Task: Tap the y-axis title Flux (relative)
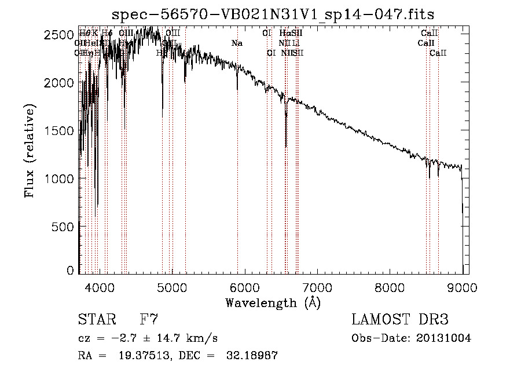click(x=30, y=151)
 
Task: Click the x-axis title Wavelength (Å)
click(x=273, y=302)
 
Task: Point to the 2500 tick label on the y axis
click(x=59, y=35)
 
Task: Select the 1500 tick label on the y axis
click(x=59, y=130)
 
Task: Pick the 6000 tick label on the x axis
click(x=244, y=287)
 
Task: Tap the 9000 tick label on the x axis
click(x=462, y=287)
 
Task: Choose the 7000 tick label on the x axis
click(x=317, y=287)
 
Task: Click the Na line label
click(x=237, y=43)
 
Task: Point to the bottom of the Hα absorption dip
click(x=286, y=146)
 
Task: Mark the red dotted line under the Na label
click(x=237, y=174)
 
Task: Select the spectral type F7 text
click(x=149, y=320)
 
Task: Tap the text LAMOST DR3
click(x=400, y=320)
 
